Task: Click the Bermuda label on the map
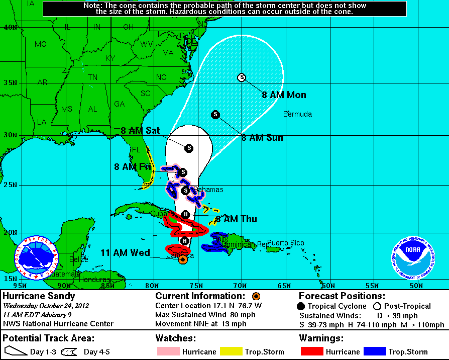pyautogui.click(x=297, y=114)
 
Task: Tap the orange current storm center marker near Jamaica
pyautogui.click(x=183, y=259)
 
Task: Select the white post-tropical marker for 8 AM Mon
pyautogui.click(x=242, y=77)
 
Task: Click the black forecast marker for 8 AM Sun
pyautogui.click(x=215, y=115)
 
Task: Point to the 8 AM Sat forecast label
pyautogui.click(x=140, y=131)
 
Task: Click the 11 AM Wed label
pyautogui.click(x=125, y=252)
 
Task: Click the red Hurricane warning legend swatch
pyautogui.click(x=315, y=351)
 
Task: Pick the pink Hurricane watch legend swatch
pyautogui.click(x=168, y=351)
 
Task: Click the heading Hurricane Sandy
pyautogui.click(x=39, y=296)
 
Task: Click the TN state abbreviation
pyautogui.click(x=93, y=77)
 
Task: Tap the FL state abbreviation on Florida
pyautogui.click(x=136, y=149)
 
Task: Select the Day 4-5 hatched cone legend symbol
pyautogui.click(x=71, y=351)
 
